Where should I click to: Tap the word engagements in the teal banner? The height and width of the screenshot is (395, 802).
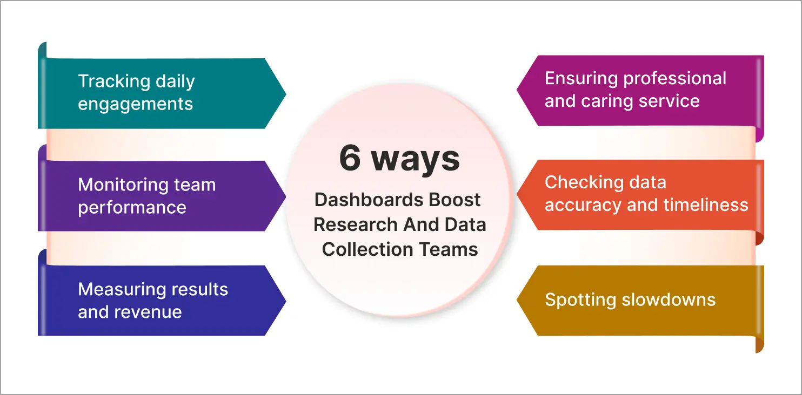coord(135,104)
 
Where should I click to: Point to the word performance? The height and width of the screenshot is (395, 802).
coord(132,208)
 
